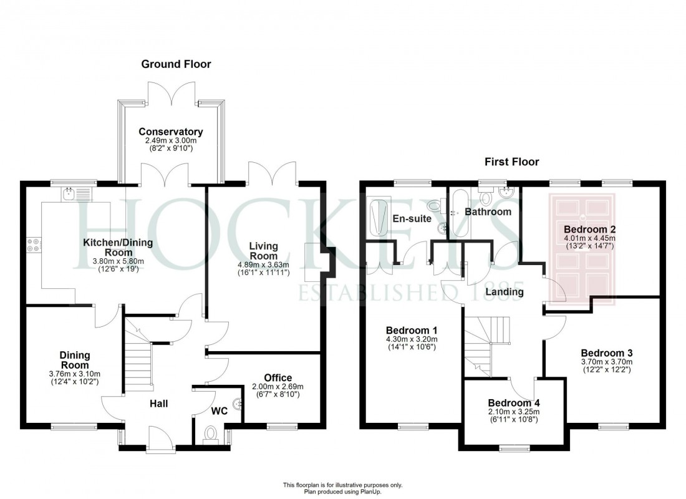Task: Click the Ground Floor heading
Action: (x=176, y=64)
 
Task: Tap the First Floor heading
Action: (x=511, y=162)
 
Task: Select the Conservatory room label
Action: (x=171, y=132)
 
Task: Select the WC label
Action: (x=220, y=411)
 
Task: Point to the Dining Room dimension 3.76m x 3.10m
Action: (x=74, y=373)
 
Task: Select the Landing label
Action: (x=505, y=291)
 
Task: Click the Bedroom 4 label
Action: (x=514, y=402)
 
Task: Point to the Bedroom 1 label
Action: (x=412, y=330)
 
